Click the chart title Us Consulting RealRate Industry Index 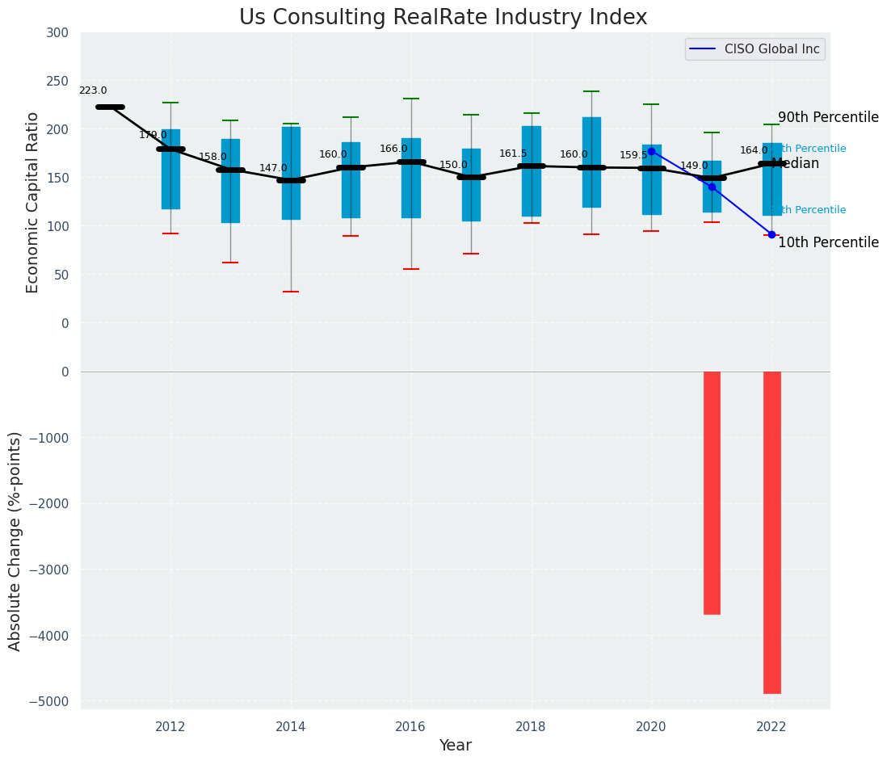coord(443,18)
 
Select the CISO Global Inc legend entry coord(755,49)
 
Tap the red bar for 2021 coord(712,493)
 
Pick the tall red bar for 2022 coord(771,532)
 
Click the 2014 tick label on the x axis coord(291,726)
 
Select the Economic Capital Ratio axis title coord(33,202)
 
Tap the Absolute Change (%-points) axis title coord(15,540)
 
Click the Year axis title coord(455,746)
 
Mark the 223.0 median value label coord(93,91)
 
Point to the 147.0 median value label coord(273,169)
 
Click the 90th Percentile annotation coord(828,118)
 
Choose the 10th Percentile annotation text coord(828,243)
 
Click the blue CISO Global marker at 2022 coord(771,235)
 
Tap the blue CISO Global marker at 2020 coord(651,151)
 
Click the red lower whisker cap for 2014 coord(291,292)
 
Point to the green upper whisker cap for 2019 coord(591,91)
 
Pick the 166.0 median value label coord(393,149)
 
